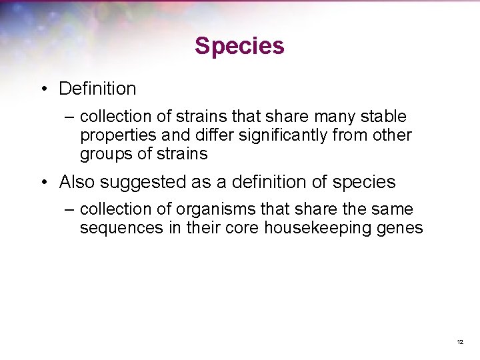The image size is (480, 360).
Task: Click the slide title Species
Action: coord(239,46)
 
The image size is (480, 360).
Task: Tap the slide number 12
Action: coord(459,342)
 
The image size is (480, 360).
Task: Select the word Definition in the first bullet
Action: coord(97,88)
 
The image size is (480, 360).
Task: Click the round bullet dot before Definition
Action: coord(43,89)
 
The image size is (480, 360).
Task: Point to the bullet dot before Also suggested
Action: coord(43,182)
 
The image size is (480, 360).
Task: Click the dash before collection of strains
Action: coord(70,117)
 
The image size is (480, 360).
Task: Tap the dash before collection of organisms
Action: coord(70,210)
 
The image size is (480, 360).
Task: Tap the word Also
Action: coord(77,181)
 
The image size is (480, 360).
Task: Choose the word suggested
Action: coord(141,181)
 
